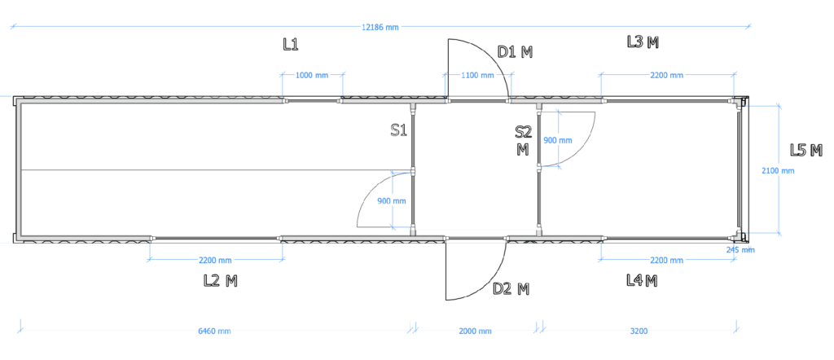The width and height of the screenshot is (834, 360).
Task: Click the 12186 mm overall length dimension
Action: (x=380, y=28)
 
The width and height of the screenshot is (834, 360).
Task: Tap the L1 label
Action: (x=291, y=45)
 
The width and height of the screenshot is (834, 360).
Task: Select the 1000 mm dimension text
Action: (x=312, y=76)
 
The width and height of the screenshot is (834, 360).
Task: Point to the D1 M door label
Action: (x=515, y=51)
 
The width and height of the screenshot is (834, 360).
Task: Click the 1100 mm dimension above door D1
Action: (x=477, y=76)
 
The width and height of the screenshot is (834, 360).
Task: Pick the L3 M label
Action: (x=643, y=42)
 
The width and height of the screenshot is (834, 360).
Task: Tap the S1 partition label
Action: (x=398, y=130)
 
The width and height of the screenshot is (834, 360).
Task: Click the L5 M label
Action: (x=806, y=151)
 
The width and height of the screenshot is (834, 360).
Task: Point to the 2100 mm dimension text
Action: (x=778, y=171)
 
